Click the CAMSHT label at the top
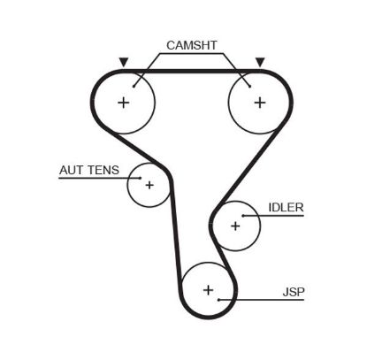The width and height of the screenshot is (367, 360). tap(191, 44)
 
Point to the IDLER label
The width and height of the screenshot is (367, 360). tap(286, 208)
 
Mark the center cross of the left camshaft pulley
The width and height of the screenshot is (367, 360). tap(123, 102)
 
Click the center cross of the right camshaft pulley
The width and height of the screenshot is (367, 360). tap(259, 102)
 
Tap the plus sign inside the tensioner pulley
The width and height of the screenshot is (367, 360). tap(149, 185)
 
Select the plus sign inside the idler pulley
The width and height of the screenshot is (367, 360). tap(235, 226)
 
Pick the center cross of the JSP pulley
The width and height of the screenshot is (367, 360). tap(209, 289)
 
